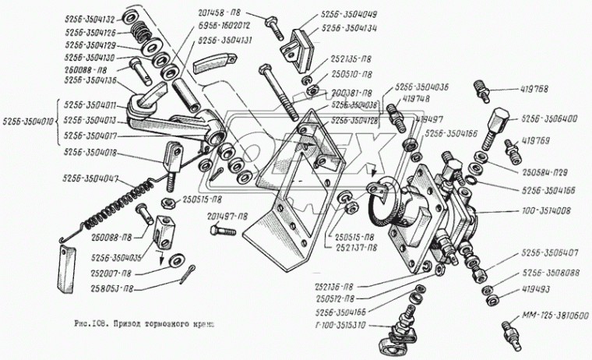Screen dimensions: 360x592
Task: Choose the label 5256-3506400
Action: [x=548, y=119]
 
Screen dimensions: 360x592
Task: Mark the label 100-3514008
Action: [x=547, y=210]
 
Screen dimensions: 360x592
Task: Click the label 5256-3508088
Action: [x=550, y=273]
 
